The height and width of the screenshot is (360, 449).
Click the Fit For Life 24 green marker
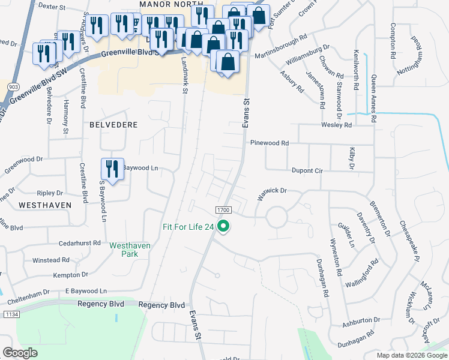(224, 226)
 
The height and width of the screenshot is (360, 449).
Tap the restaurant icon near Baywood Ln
(112, 167)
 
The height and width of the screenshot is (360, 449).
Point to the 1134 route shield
(11, 314)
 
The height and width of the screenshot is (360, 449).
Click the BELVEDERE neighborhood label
(113, 125)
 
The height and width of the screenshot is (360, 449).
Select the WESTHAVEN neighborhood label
(44, 205)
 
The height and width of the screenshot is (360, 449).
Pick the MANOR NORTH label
(164, 4)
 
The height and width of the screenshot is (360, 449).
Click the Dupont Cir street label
(307, 170)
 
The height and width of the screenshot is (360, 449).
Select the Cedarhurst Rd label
(80, 244)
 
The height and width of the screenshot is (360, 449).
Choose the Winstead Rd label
(51, 260)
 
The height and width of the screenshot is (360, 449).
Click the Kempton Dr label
(67, 275)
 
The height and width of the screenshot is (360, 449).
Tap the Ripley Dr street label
(50, 193)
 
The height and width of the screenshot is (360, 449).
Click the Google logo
(20, 353)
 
